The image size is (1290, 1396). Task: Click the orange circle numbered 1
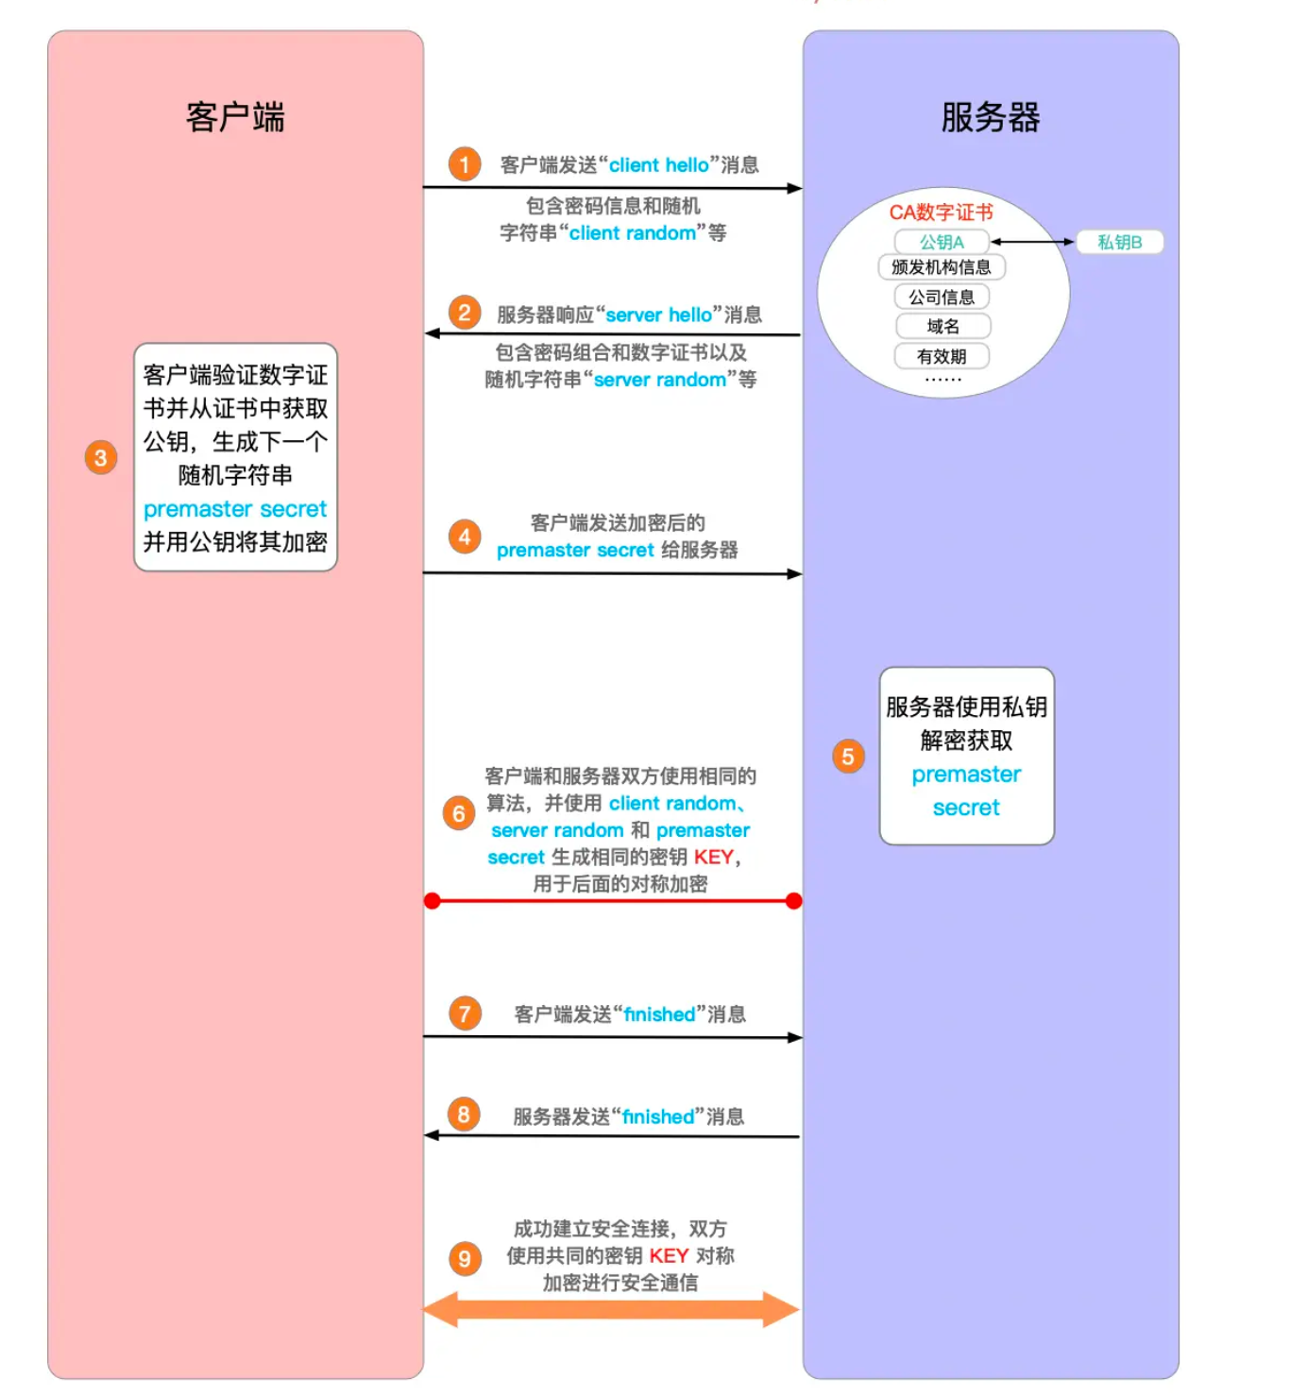(x=464, y=163)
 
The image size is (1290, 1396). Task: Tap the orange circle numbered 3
(x=100, y=457)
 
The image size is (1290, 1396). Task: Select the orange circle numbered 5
(x=848, y=757)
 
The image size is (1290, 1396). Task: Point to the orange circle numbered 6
(x=458, y=813)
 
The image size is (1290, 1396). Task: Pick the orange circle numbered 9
(x=465, y=1258)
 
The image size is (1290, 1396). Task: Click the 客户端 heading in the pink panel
(x=235, y=117)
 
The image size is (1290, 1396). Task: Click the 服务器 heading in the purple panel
(x=990, y=117)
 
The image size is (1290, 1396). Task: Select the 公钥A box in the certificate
(x=942, y=242)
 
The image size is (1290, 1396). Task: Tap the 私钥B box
(x=1119, y=242)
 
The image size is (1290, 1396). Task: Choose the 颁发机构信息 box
(x=941, y=267)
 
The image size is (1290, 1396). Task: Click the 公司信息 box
(x=942, y=297)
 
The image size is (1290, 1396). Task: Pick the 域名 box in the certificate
(x=942, y=326)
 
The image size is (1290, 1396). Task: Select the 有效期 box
(x=942, y=356)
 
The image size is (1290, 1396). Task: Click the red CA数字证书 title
(x=941, y=213)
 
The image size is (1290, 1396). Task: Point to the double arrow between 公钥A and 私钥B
(x=1032, y=242)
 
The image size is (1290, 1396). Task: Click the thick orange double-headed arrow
(x=610, y=1309)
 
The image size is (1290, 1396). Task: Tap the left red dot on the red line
(x=433, y=900)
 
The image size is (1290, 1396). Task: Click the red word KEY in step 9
(x=668, y=1255)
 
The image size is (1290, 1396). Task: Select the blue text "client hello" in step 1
(x=658, y=164)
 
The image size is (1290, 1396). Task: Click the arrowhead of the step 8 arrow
(x=432, y=1135)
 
